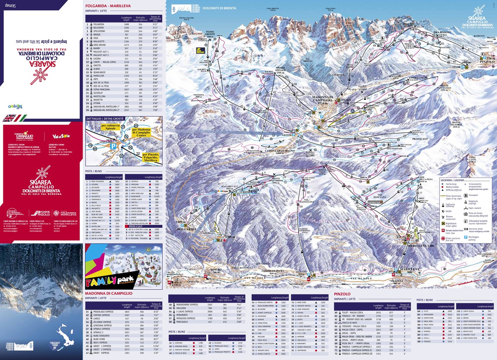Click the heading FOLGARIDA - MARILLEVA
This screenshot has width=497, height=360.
point(108,6)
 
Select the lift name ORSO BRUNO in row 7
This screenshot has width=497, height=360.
point(99,45)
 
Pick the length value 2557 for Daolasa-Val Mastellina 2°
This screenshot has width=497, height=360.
point(126,110)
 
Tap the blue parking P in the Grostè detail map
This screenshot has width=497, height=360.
point(113,146)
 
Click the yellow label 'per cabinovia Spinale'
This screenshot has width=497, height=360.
point(110,127)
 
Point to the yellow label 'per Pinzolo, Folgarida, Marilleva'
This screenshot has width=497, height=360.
point(151,157)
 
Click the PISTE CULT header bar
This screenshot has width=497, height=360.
point(136,226)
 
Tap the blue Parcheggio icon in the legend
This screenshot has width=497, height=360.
point(466,237)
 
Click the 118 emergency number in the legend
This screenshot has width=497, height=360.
point(466,229)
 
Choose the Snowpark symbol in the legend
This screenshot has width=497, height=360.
point(466,195)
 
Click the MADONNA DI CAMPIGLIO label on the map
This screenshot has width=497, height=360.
point(322,99)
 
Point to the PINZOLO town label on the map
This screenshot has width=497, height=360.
point(487,61)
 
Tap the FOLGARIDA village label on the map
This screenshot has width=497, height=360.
point(186,229)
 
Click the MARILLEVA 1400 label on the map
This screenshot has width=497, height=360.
point(420,246)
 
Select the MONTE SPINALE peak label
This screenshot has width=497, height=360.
point(280,70)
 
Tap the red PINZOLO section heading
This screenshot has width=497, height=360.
point(342,294)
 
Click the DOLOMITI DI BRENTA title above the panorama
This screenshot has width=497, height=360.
point(219,8)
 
